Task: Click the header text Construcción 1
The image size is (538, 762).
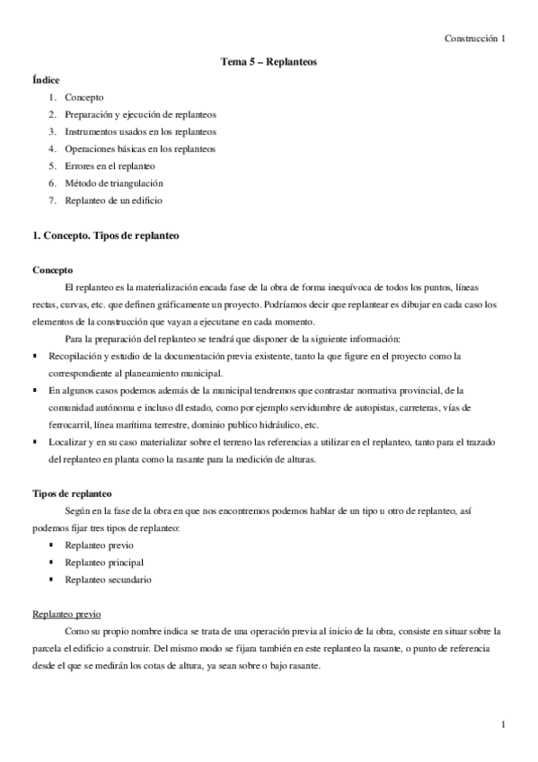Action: click(475, 39)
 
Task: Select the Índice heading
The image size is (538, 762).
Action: click(46, 80)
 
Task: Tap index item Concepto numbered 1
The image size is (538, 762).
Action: click(84, 97)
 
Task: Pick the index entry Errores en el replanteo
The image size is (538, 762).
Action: click(110, 166)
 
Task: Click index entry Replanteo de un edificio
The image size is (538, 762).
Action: click(113, 200)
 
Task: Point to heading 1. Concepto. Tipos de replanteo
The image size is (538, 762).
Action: click(106, 235)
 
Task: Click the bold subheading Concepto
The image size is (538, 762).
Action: click(53, 270)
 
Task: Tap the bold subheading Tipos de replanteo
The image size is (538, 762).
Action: click(72, 493)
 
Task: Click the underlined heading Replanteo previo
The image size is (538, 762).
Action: click(66, 615)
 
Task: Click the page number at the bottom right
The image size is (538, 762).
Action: click(504, 723)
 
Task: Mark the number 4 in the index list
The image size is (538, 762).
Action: click(53, 149)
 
